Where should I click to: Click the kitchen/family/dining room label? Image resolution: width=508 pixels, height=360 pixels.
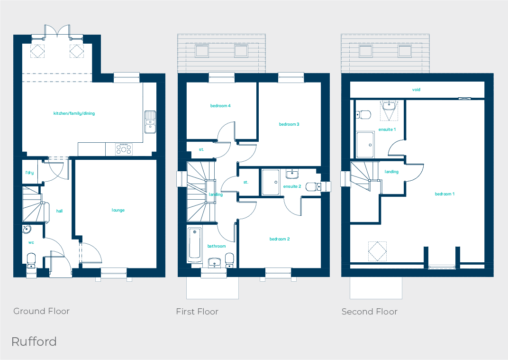pyautogui.click(x=74, y=114)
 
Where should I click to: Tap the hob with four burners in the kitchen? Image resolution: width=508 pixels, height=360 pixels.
pyautogui.click(x=124, y=149)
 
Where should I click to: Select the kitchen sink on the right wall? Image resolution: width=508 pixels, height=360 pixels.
pyautogui.click(x=150, y=120)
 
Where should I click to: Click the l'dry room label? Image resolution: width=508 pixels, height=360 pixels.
pyautogui.click(x=29, y=173)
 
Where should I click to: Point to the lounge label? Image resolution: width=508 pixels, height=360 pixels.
pyautogui.click(x=118, y=210)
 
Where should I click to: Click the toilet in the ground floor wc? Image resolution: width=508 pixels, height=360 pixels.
pyautogui.click(x=31, y=260)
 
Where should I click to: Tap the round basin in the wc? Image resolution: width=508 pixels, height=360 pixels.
pyautogui.click(x=27, y=230)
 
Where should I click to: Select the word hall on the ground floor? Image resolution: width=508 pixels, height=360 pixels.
pyautogui.click(x=59, y=211)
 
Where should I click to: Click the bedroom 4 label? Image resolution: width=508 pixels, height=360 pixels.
pyautogui.click(x=220, y=106)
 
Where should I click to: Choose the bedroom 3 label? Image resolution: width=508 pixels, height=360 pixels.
pyautogui.click(x=289, y=124)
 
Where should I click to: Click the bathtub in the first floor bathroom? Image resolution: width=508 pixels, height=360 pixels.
pyautogui.click(x=195, y=245)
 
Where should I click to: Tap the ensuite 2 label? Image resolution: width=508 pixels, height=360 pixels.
pyautogui.click(x=292, y=186)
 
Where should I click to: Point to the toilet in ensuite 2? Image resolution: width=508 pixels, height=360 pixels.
pyautogui.click(x=313, y=186)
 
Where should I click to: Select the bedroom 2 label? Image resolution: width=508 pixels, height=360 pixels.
pyautogui.click(x=280, y=239)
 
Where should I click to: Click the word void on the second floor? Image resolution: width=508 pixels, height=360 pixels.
pyautogui.click(x=416, y=90)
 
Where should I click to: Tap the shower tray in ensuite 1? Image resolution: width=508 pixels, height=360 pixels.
pyautogui.click(x=365, y=145)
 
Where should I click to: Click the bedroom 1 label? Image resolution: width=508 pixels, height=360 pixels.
pyautogui.click(x=444, y=194)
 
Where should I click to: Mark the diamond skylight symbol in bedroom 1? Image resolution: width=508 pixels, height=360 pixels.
pyautogui.click(x=377, y=251)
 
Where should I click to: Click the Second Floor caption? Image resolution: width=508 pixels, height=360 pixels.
pyautogui.click(x=370, y=312)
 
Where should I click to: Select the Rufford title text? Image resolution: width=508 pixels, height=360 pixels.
pyautogui.click(x=34, y=342)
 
